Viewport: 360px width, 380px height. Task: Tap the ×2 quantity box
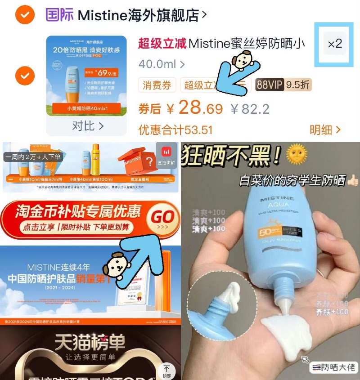tap(335, 44)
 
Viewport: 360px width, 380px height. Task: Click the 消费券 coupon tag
tap(157, 85)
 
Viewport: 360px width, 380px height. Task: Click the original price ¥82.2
tap(250, 109)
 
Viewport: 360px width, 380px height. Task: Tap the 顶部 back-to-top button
tap(167, 370)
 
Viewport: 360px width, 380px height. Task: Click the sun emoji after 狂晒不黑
tap(297, 154)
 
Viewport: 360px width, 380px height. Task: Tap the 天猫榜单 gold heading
tap(90, 343)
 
